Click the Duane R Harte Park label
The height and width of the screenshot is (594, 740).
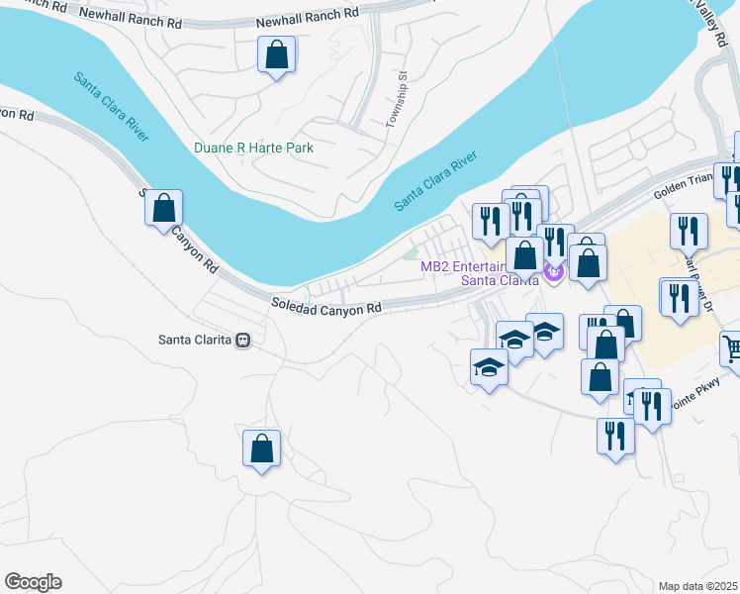click(x=254, y=148)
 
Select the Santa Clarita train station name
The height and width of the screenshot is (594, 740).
click(x=195, y=340)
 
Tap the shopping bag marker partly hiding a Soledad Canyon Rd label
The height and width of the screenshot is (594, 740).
click(x=164, y=209)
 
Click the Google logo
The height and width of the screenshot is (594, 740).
click(x=33, y=582)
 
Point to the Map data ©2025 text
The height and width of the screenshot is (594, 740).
click(x=696, y=586)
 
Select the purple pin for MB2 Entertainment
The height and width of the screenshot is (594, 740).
click(x=554, y=269)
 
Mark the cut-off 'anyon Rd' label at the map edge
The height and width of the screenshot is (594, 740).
click(x=17, y=114)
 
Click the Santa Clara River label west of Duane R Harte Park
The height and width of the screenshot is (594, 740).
click(x=111, y=106)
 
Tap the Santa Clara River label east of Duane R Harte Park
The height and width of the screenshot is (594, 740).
click(x=435, y=181)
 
